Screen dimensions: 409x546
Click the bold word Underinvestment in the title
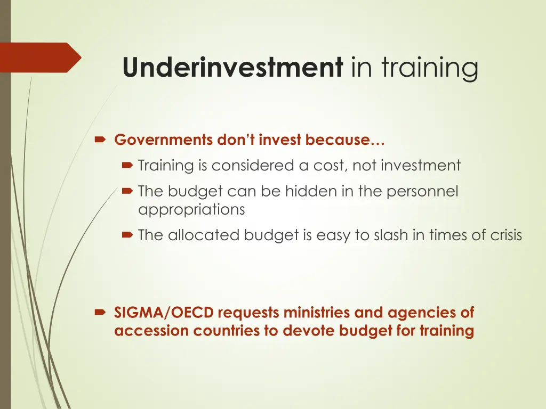pos(232,68)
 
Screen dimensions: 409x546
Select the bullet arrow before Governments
pos(100,141)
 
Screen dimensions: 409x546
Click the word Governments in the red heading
pos(164,141)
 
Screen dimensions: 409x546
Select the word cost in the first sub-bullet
pos(329,166)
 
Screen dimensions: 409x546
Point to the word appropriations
pos(191,210)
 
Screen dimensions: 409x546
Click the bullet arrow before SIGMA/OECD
pos(100,313)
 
